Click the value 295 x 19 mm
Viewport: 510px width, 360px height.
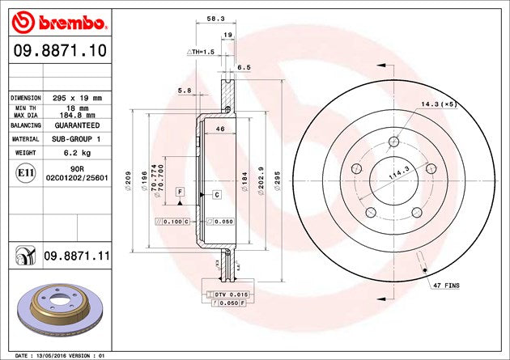click(x=79, y=97)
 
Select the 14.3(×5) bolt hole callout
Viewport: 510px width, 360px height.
click(x=439, y=104)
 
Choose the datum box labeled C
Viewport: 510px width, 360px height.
click(x=217, y=195)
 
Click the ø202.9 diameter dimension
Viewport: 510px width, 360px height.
click(x=261, y=180)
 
